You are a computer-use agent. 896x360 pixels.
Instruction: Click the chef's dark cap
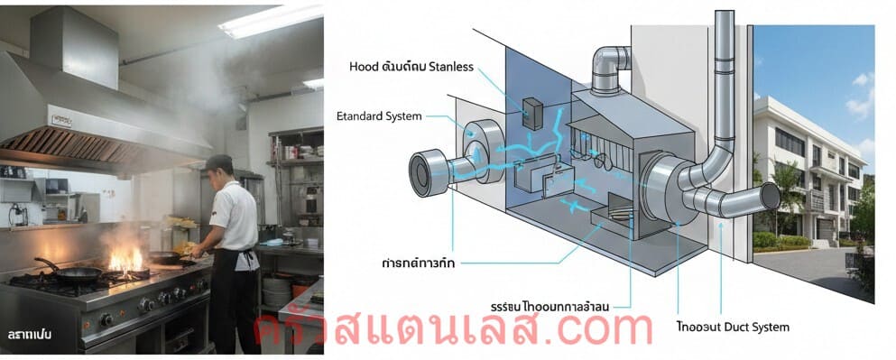(x=218, y=162)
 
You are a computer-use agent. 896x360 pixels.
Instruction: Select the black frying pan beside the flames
(x=81, y=272)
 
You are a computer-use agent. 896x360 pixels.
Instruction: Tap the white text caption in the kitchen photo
(x=28, y=335)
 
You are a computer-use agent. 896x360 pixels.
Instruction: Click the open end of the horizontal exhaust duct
(x=771, y=196)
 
